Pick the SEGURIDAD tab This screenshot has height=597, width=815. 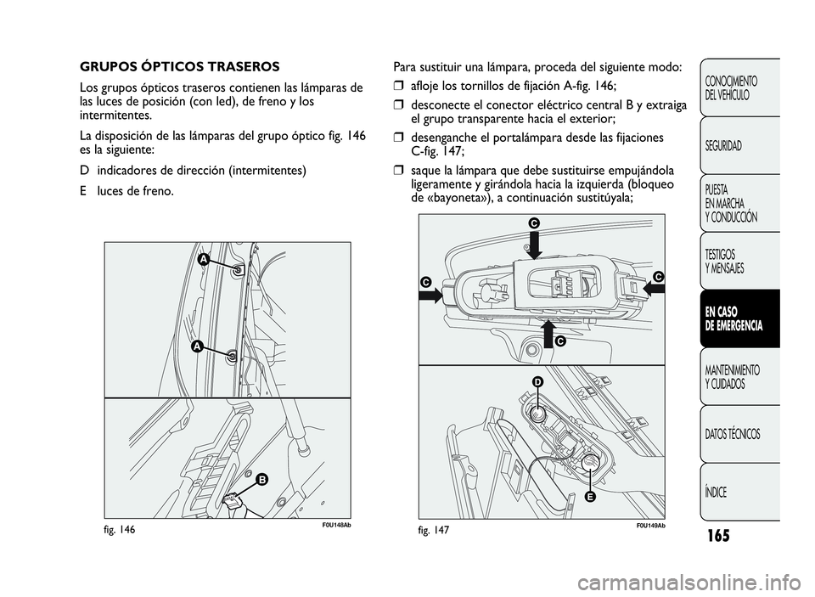(722, 145)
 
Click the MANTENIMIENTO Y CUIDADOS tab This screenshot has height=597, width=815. (731, 377)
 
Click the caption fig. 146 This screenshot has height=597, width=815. (120, 529)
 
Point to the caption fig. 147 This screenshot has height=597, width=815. (432, 529)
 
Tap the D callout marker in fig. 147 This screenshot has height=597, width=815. (537, 384)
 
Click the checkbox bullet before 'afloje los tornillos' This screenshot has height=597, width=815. (399, 87)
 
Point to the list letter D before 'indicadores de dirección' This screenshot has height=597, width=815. (84, 170)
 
